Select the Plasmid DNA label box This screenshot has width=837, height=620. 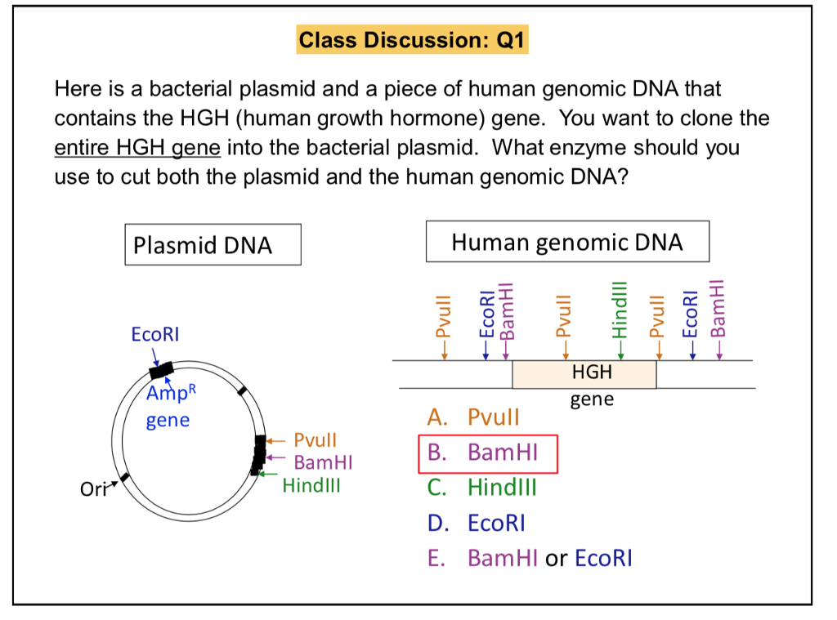[x=213, y=244]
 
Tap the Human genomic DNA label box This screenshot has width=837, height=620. [x=567, y=242]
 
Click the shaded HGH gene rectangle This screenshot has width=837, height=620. [x=584, y=374]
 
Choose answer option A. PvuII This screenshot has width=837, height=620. [x=473, y=418]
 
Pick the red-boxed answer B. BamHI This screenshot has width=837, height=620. [x=488, y=453]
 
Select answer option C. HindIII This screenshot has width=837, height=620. [x=482, y=488]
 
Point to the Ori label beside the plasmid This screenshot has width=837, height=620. [x=92, y=489]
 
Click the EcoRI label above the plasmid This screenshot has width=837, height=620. [x=155, y=335]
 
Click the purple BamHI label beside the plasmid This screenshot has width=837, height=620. [x=322, y=463]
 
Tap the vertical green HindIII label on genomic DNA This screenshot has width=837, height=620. [x=619, y=310]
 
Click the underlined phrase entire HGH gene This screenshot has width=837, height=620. [x=137, y=148]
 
